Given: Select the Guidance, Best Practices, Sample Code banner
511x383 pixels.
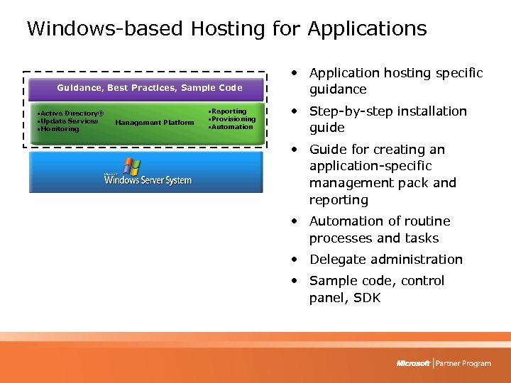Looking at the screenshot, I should (149, 88).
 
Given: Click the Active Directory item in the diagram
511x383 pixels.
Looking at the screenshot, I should (71, 113).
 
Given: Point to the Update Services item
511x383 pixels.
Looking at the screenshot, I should (69, 121).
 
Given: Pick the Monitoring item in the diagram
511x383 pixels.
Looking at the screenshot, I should (60, 129).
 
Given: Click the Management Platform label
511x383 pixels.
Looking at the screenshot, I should (154, 123).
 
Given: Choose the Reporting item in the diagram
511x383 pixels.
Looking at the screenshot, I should (229, 111).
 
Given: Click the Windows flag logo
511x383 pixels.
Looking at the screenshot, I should (131, 167).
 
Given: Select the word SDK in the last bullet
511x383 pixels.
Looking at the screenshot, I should (367, 298).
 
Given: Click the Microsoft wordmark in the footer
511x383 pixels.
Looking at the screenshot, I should (414, 363).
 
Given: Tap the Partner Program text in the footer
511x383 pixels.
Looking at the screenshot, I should (463, 363).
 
